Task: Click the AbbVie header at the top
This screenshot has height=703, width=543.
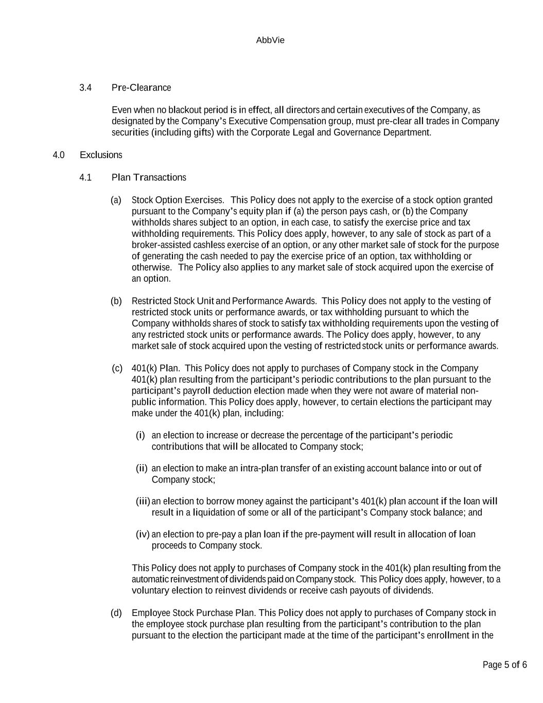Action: tap(270, 40)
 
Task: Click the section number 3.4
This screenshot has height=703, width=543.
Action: tap(85, 88)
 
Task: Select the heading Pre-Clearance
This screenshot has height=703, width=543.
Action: tap(141, 88)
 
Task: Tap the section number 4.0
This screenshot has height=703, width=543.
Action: tap(59, 155)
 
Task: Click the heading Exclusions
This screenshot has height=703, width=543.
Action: tap(101, 155)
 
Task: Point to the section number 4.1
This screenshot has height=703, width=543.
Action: tap(85, 178)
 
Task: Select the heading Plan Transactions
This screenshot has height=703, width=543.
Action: tap(149, 178)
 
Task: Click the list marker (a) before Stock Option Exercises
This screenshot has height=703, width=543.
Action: tap(116, 200)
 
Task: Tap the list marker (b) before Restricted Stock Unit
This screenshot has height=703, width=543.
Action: tap(116, 301)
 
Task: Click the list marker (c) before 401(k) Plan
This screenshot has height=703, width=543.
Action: tap(117, 368)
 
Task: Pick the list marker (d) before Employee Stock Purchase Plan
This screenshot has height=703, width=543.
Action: tap(116, 613)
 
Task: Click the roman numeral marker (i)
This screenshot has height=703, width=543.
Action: tap(140, 436)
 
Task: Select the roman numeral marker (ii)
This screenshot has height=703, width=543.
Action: tap(142, 469)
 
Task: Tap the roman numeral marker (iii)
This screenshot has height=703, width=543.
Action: tap(143, 502)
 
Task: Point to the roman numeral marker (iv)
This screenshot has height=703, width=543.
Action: tap(143, 535)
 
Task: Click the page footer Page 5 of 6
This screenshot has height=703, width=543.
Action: tap(504, 665)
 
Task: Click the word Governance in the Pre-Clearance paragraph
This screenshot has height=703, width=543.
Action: tap(357, 133)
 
